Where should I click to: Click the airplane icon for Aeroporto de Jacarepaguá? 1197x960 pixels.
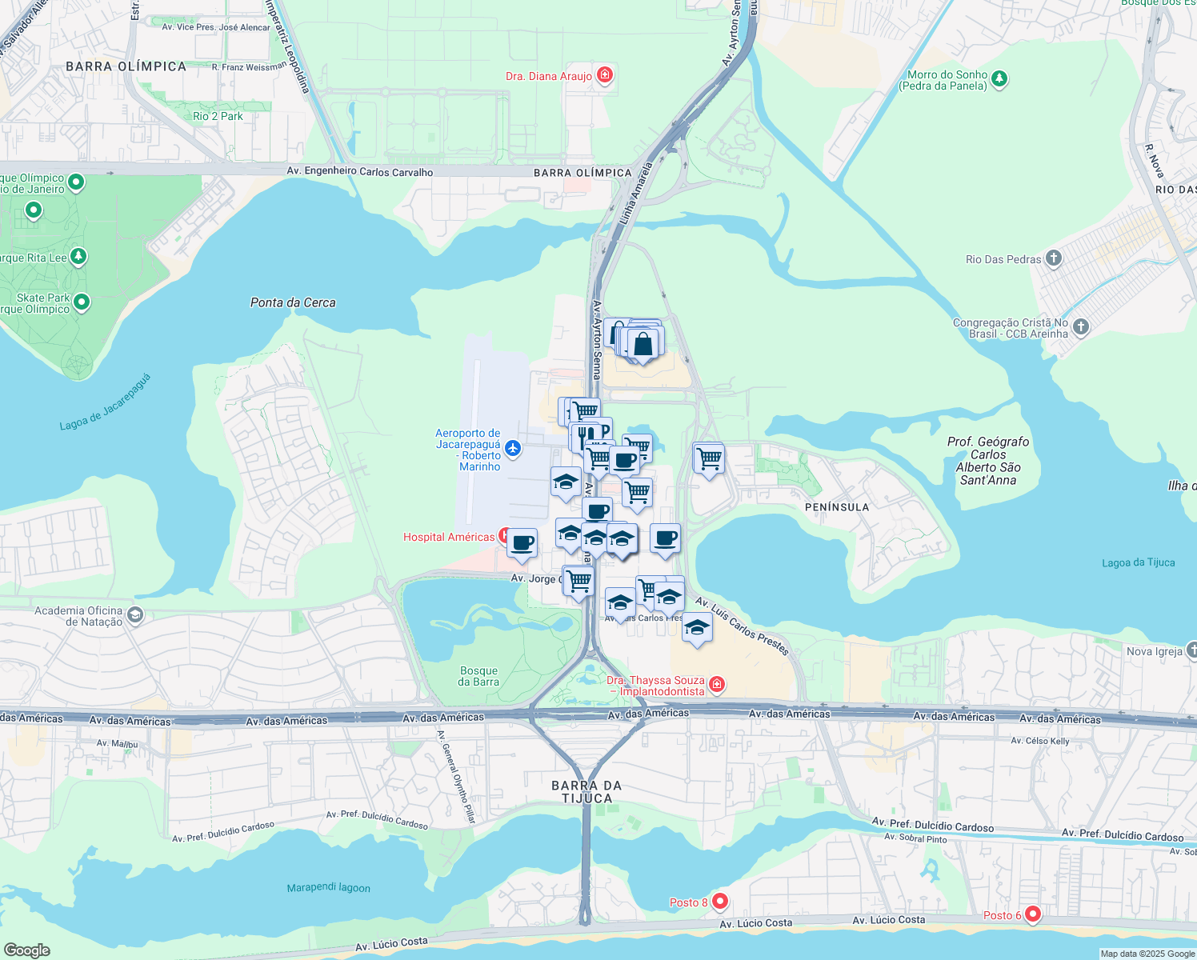[513, 448]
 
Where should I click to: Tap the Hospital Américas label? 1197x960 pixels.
[449, 537]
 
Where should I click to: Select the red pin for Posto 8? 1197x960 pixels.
[719, 902]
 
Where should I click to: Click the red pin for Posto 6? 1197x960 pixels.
[1033, 914]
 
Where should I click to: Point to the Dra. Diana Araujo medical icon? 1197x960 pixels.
[605, 76]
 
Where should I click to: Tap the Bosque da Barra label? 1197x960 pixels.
[478, 677]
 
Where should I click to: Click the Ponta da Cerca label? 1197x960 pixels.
[293, 302]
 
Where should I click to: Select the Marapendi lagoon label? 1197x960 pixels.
[329, 887]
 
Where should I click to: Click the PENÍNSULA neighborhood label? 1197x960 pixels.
[837, 507]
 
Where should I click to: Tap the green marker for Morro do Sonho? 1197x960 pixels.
[999, 79]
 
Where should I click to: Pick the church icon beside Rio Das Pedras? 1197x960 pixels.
[1054, 258]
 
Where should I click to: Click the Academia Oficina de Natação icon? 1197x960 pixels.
[135, 615]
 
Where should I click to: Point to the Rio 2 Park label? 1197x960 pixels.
[218, 116]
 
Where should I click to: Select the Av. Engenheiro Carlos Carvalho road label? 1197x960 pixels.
[360, 172]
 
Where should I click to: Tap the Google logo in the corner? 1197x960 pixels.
[26, 950]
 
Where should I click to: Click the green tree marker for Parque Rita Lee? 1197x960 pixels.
[78, 257]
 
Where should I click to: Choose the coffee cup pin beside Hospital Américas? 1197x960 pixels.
[522, 544]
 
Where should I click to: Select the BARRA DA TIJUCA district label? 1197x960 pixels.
[586, 792]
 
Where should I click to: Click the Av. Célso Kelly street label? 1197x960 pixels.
[1039, 741]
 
